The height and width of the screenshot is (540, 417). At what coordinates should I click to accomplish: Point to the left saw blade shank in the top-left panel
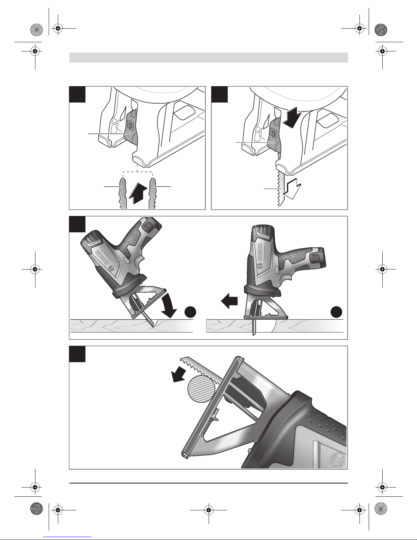123,193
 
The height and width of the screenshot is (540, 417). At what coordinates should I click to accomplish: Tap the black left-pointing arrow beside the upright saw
229,302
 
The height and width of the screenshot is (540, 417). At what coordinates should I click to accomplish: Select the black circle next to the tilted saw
191,312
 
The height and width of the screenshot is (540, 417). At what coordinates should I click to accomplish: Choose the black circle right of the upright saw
336,312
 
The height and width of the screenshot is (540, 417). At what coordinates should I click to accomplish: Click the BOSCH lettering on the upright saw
260,252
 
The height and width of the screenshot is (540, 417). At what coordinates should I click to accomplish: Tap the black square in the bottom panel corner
77,354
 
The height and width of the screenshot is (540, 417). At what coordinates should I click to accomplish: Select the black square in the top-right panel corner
220,94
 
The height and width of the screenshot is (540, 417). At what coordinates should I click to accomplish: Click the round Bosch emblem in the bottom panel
339,460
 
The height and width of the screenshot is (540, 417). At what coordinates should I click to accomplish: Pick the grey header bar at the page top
208,57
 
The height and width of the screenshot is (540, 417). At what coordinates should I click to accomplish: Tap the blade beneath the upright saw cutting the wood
254,327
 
